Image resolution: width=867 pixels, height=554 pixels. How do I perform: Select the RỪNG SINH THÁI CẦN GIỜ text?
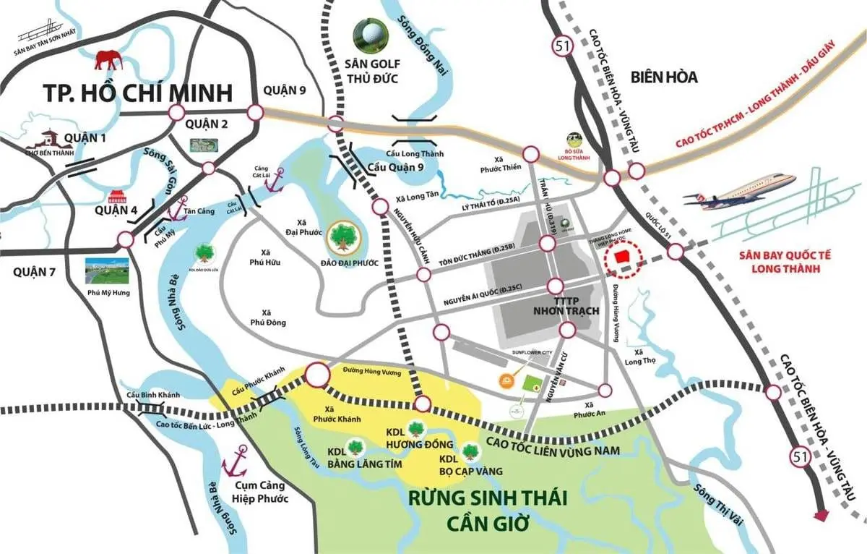pyautogui.click(x=487, y=509)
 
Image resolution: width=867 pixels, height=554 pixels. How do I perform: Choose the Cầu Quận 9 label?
pyautogui.click(x=397, y=168)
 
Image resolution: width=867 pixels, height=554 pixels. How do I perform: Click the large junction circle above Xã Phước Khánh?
pyautogui.click(x=317, y=375)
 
